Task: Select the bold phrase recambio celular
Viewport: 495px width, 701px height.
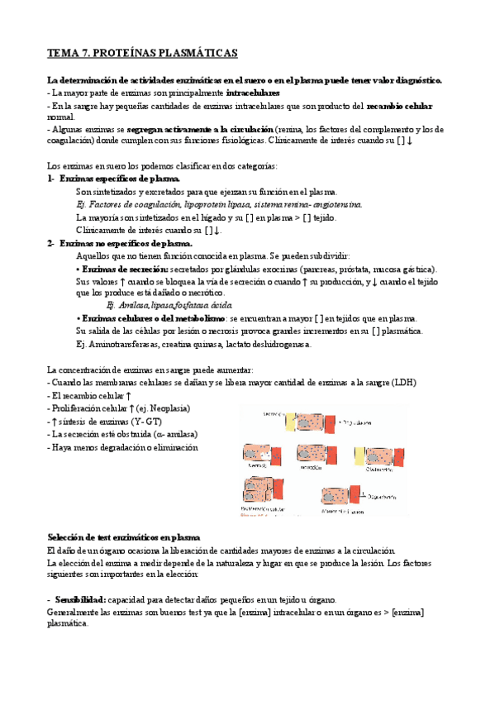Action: click(x=399, y=107)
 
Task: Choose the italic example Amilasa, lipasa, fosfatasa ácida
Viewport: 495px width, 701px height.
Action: click(x=152, y=306)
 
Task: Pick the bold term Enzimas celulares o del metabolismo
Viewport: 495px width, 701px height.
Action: click(x=153, y=319)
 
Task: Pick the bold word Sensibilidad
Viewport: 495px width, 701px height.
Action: click(x=80, y=598)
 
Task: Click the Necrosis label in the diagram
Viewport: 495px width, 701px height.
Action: click(x=255, y=466)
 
